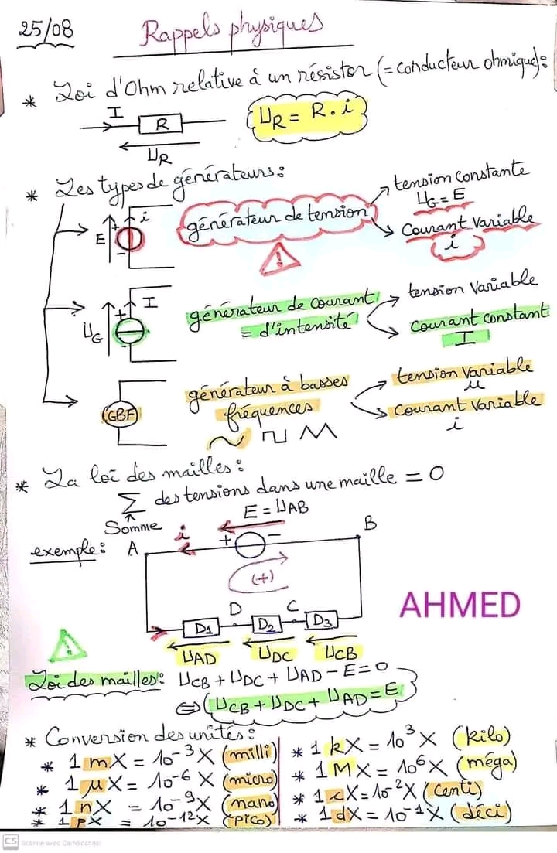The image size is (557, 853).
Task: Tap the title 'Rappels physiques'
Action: (x=230, y=36)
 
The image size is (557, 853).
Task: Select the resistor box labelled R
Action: (x=161, y=123)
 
